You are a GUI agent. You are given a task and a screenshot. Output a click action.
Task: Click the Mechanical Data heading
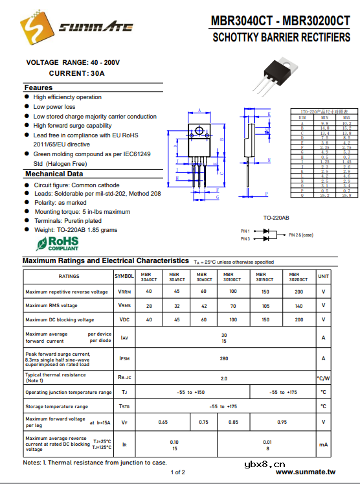(54, 174)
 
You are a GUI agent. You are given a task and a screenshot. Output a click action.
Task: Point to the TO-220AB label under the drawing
(276, 218)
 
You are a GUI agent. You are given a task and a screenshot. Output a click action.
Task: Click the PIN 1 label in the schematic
(245, 231)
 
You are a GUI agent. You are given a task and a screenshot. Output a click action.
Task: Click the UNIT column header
(323, 276)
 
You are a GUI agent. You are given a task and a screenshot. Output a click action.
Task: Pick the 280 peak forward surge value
(224, 358)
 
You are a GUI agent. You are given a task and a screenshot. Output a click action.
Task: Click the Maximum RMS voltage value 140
(298, 306)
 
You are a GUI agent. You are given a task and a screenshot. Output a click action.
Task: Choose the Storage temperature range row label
(57, 406)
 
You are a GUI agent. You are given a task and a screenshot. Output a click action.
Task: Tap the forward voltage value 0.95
(282, 422)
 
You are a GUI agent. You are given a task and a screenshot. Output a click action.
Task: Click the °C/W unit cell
(323, 378)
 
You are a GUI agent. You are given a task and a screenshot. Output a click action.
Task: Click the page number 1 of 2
(179, 472)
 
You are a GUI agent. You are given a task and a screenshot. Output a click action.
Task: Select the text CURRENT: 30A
(76, 74)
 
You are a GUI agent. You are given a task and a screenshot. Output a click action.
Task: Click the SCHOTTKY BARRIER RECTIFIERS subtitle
(281, 38)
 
